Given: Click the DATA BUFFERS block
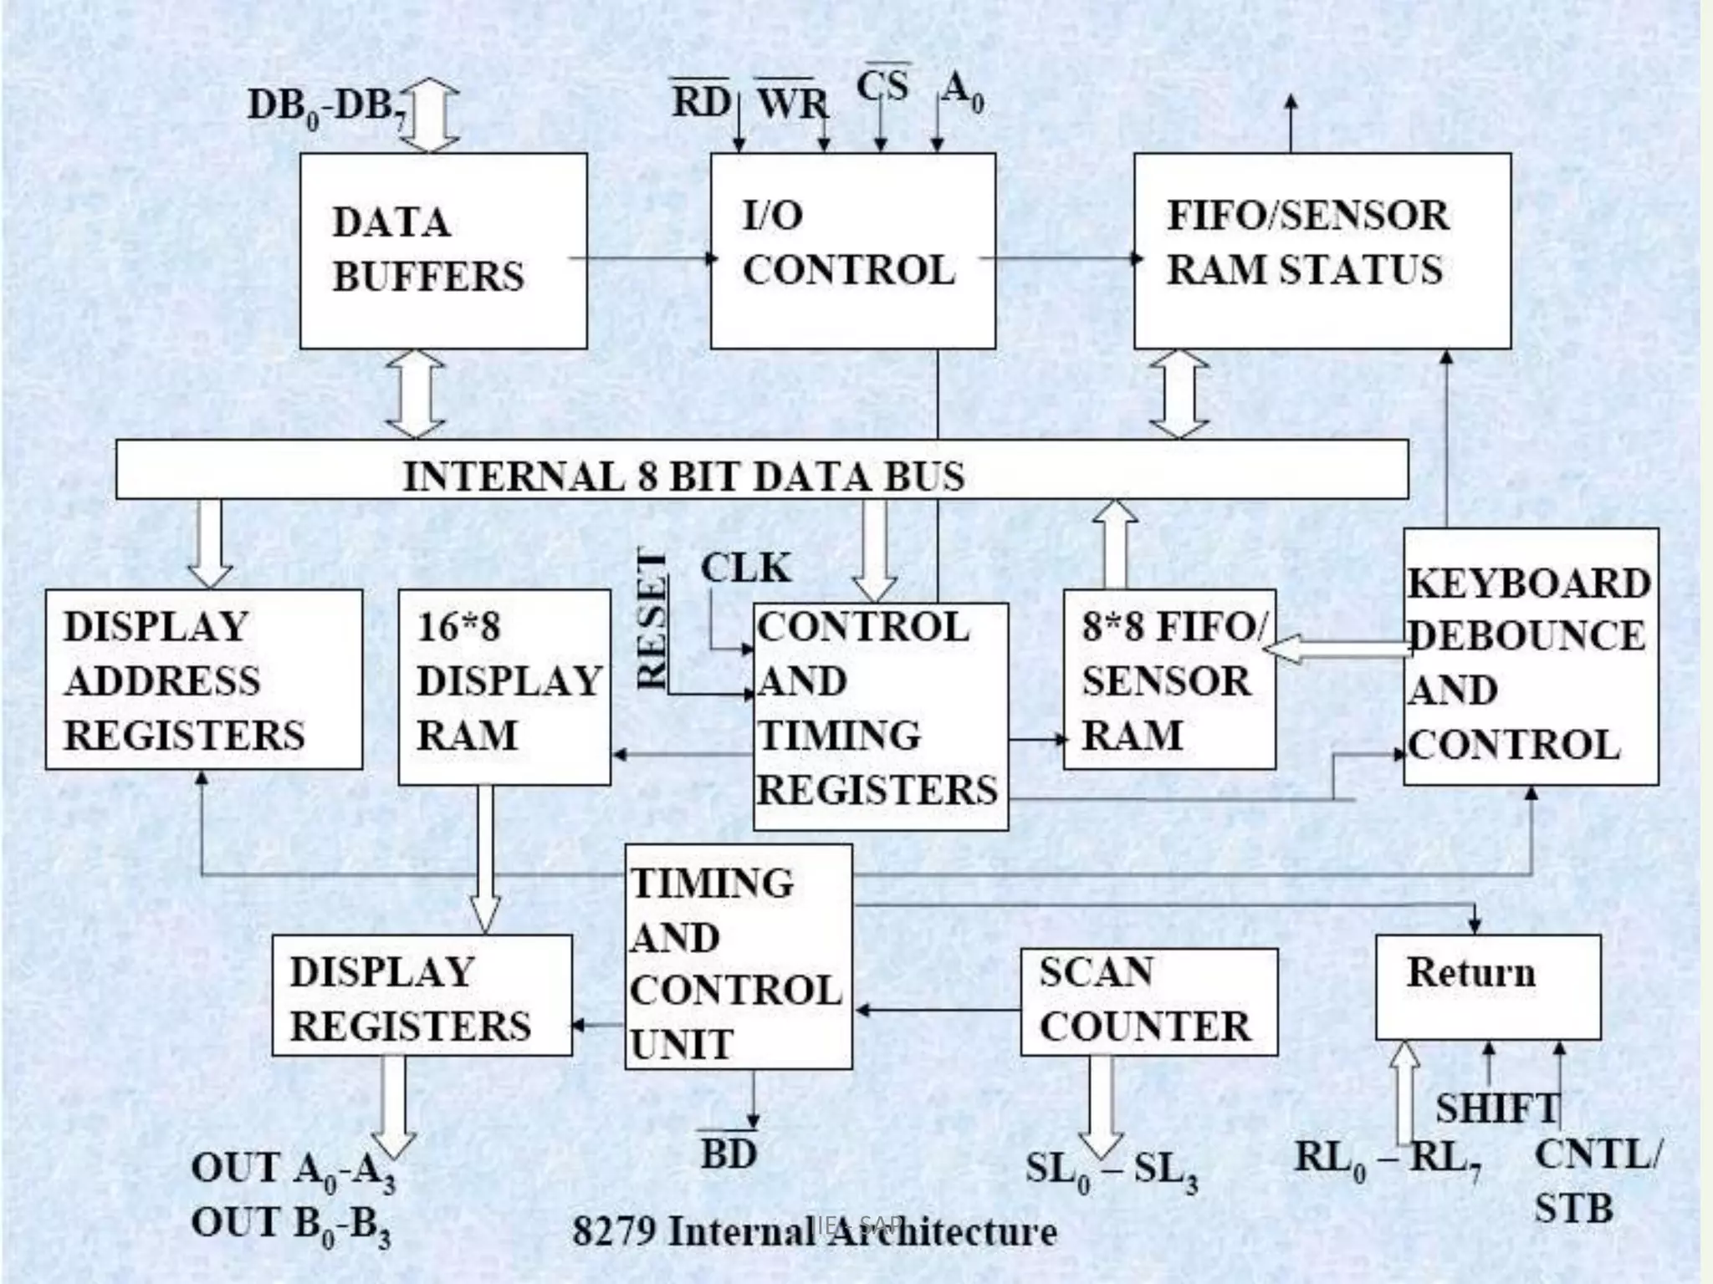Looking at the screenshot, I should (443, 251).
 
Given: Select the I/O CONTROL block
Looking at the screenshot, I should (852, 251).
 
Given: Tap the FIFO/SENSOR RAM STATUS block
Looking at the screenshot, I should (1322, 251).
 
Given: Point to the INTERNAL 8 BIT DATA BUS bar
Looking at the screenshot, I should (761, 470).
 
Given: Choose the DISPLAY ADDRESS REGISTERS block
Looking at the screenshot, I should (204, 680).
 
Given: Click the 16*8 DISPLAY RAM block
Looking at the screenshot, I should (504, 686).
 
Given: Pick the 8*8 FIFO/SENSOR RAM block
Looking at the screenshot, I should (1169, 680).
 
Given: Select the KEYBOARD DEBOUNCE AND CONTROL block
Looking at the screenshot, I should (1530, 657).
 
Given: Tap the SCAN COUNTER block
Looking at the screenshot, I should (1148, 1001).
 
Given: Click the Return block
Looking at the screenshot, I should (1487, 986).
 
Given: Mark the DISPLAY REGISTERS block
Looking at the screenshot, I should (422, 995).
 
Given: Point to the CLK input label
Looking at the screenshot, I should (744, 568).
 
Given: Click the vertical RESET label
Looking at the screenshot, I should (652, 619).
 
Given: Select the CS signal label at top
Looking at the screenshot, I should (882, 85).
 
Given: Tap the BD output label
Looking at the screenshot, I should (729, 1154).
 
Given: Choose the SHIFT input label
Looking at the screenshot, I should (1496, 1108).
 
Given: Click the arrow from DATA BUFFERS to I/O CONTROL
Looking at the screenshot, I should (644, 257).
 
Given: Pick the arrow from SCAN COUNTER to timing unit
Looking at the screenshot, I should (937, 1011).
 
